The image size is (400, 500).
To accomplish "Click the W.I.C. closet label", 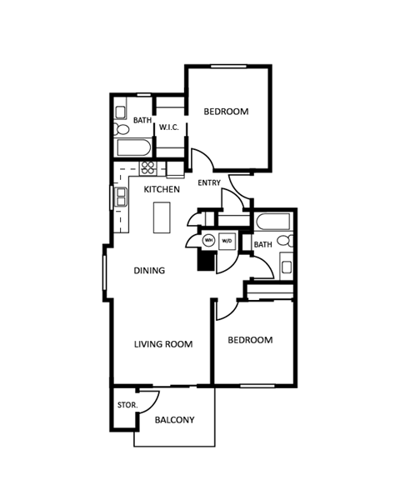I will pos(171,127).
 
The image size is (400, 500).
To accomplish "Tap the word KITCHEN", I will pos(162,190).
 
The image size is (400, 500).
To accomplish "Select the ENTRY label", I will pos(208,182).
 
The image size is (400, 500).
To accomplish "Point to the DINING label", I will pos(150,271).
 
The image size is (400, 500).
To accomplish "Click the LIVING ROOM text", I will pos(163,344).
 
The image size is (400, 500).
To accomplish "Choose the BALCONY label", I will pos(175,420).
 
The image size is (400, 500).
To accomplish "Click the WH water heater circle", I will pos(209,240).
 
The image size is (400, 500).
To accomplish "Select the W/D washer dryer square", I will pos(227,240).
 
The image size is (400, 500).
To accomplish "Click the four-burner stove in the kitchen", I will pos(148,167).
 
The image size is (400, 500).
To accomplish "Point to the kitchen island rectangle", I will pos(161,219).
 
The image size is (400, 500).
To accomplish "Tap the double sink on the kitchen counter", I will pos(121,197).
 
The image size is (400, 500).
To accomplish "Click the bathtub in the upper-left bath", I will pos(133,148).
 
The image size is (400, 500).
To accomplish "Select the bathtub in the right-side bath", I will pos(272,222).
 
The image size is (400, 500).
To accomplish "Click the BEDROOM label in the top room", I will pos(227,112).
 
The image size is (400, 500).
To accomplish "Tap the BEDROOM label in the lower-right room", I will pos(251,340).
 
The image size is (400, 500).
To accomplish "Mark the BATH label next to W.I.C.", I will pos(142,121).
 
